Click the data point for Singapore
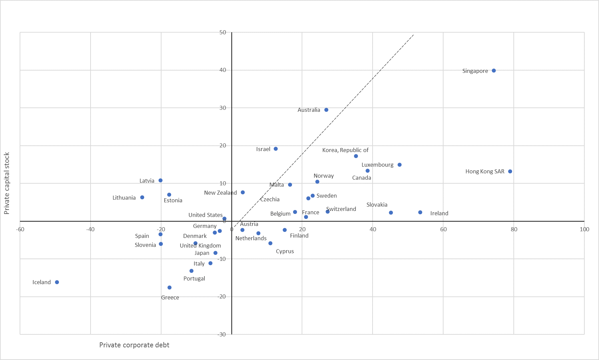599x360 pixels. [x=494, y=71]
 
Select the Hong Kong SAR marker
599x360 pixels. [x=510, y=171]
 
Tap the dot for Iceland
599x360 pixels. [x=57, y=282]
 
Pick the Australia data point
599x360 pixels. [x=326, y=110]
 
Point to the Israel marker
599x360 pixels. [x=276, y=149]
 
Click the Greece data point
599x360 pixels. [x=169, y=287]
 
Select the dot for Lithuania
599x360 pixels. [x=142, y=197]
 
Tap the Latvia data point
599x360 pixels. [x=160, y=180]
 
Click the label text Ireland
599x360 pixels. [x=439, y=213]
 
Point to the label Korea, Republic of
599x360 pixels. [x=345, y=150]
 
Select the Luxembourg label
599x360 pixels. [x=377, y=165]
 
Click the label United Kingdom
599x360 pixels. [x=200, y=246]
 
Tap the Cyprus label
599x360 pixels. [x=285, y=251]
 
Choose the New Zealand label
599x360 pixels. [x=220, y=193]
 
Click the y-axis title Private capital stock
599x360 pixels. [x=7, y=183]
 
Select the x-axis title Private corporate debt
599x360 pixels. [x=134, y=345]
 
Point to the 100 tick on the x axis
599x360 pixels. [x=584, y=229]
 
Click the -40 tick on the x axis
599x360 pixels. [x=90, y=229]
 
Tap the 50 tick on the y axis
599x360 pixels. [x=223, y=32]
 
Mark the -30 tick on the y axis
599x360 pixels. [x=222, y=334]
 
